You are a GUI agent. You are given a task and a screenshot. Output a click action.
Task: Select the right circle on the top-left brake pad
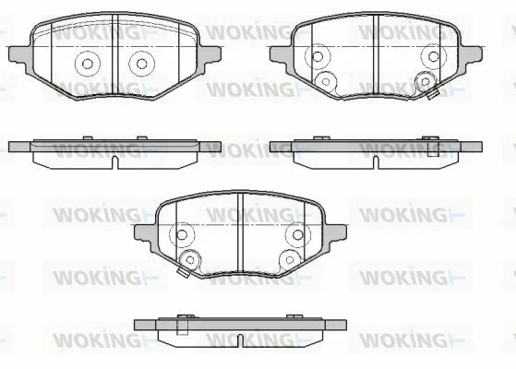139,64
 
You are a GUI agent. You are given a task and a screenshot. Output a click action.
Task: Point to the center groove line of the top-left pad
114,55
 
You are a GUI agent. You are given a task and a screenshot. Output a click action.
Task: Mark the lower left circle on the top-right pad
325,81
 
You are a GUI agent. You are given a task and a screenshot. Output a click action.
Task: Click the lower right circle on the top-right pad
426,81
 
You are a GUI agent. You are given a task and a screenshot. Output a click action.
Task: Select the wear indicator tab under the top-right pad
429,94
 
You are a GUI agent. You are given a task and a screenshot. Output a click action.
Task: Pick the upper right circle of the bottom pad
295,233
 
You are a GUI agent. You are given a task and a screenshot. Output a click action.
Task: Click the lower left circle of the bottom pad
189,258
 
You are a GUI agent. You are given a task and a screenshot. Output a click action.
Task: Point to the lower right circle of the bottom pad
289,258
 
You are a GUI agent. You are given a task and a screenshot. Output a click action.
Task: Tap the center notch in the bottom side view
239,340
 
